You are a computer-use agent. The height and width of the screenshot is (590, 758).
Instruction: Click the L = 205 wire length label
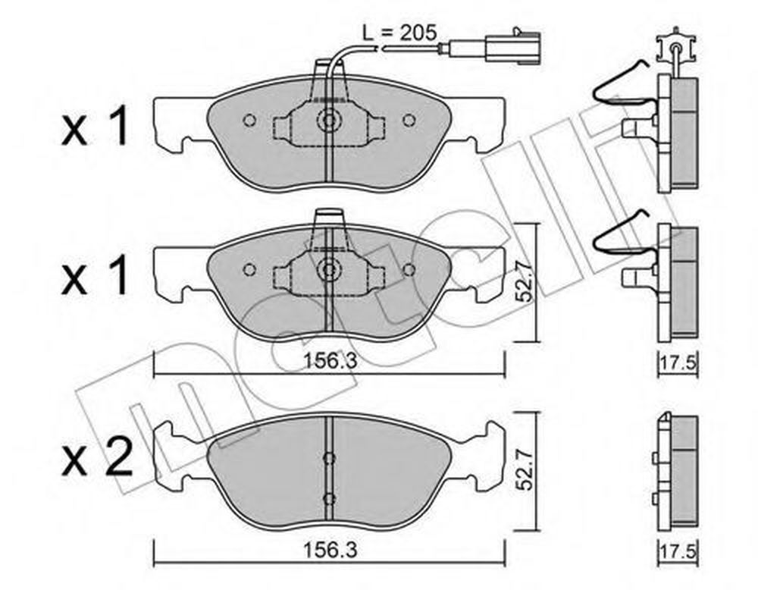pos(399,33)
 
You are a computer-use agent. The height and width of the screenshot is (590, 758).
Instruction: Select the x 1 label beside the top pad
pos(96,127)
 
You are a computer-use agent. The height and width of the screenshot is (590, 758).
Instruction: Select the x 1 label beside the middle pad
pos(96,276)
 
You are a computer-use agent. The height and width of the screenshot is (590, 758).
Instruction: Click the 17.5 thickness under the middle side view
pos(678,362)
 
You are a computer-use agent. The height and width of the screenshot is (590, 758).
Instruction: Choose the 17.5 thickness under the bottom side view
pos(678,551)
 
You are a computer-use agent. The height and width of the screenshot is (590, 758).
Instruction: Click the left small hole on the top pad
pos(249,120)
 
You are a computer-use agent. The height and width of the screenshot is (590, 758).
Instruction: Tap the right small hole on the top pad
pos(409,120)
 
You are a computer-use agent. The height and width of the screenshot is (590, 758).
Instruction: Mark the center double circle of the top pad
pos(329,121)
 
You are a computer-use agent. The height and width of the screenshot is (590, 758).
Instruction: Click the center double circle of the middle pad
pos(329,269)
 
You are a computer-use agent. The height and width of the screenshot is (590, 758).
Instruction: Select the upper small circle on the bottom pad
pos(329,458)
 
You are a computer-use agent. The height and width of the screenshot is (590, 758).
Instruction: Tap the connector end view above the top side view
pos(677,49)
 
